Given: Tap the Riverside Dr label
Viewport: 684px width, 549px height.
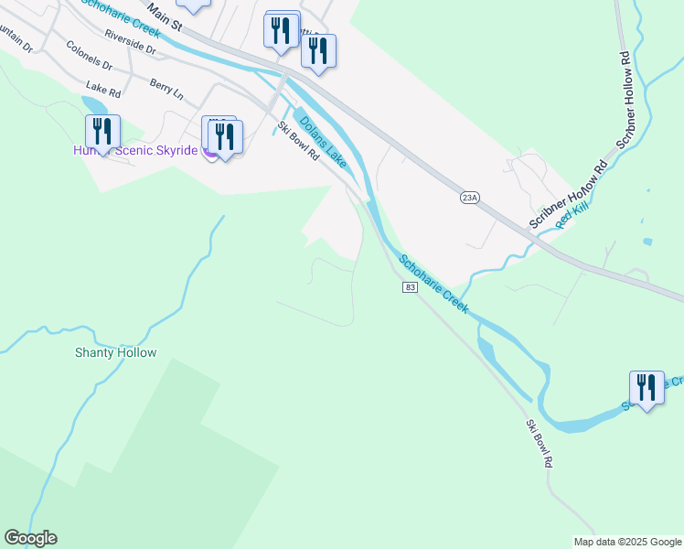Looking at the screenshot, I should [x=132, y=37].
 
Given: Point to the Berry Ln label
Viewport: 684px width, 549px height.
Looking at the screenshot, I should [x=166, y=89].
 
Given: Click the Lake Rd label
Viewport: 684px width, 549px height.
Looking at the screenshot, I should [x=103, y=89].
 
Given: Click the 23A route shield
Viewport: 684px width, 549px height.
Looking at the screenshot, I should [x=470, y=197].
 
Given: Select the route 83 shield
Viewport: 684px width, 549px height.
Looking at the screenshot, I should [x=410, y=287].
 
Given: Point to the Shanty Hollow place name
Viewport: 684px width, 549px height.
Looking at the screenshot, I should [x=116, y=352].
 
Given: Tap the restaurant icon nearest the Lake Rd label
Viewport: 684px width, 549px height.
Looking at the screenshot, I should [x=102, y=133].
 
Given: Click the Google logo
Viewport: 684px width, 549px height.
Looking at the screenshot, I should [x=30, y=538].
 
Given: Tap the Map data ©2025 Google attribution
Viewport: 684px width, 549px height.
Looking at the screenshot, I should [x=627, y=542].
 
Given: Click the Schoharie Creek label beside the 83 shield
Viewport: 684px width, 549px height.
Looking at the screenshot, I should [x=433, y=285].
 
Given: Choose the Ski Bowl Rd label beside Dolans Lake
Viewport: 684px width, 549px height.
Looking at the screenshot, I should [x=298, y=143].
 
